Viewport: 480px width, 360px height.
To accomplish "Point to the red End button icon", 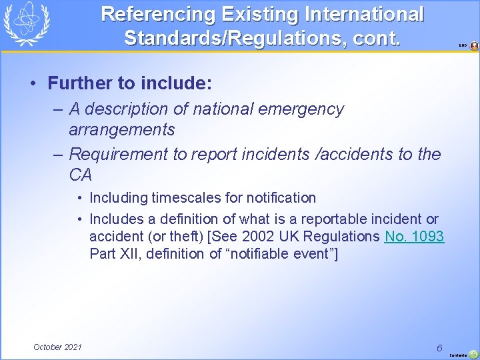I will pos(474,46).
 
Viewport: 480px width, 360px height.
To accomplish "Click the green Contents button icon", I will pos(473,354).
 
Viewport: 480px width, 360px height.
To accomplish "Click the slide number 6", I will pos(440,347).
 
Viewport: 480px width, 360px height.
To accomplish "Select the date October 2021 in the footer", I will pos(57,347).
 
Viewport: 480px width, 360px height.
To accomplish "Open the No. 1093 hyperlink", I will pos(414,236).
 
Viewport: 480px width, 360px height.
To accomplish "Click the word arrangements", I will pos(121,129).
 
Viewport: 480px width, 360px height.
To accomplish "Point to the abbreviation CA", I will pos(80,175).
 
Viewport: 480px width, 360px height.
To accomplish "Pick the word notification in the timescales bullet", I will pos(280,197).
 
